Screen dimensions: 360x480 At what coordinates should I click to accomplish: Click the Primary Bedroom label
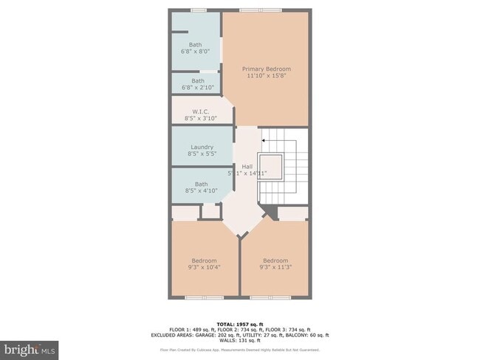266,69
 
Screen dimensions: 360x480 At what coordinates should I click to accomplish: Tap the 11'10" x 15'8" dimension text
266,75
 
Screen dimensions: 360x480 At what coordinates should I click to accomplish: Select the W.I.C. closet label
202,111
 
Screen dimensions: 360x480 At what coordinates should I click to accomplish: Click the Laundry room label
202,147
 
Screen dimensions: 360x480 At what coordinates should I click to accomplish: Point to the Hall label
247,167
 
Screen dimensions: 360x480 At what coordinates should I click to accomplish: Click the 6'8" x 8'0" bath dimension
196,52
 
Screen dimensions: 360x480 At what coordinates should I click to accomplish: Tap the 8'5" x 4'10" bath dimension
202,191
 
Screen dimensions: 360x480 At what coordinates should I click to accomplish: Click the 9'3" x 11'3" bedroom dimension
275,267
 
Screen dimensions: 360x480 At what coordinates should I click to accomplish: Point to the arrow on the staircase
264,139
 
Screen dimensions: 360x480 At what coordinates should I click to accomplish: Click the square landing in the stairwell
271,166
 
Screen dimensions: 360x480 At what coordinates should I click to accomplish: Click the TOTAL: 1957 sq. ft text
241,323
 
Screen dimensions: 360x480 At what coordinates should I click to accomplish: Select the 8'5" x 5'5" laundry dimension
202,154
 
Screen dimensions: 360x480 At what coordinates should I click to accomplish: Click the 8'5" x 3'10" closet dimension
202,118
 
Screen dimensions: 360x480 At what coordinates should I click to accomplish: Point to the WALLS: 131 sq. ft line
241,341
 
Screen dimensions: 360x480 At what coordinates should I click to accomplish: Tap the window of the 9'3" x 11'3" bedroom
270,297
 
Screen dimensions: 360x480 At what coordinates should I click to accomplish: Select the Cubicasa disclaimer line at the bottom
241,350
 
